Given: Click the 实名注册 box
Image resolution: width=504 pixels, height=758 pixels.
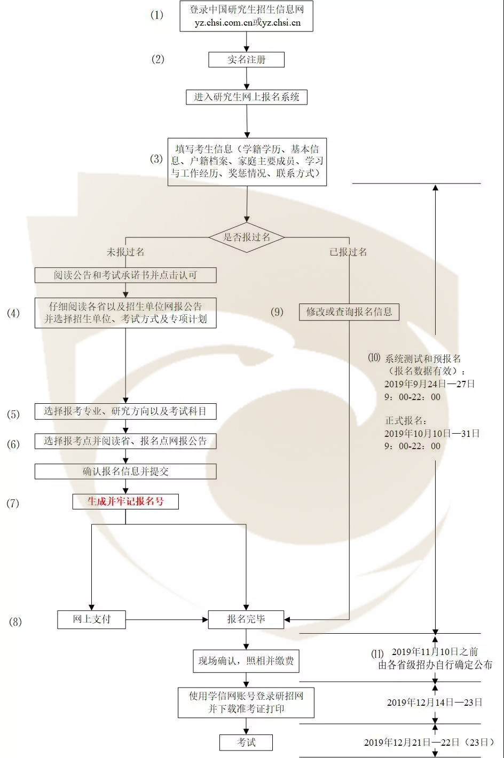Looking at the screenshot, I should tap(246, 60).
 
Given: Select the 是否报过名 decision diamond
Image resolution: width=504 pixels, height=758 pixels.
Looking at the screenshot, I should tap(246, 237).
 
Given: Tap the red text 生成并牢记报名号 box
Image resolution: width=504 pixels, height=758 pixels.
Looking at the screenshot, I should tap(125, 501).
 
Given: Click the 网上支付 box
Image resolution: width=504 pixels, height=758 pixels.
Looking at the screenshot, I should tap(92, 619).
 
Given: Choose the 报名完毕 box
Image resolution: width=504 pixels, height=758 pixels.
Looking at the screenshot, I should tap(246, 619).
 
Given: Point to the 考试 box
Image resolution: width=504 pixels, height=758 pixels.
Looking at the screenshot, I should tap(246, 742).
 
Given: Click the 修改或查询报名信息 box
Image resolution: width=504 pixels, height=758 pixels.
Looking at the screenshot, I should tap(349, 312).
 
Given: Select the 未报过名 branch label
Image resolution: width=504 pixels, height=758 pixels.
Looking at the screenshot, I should tap(125, 252).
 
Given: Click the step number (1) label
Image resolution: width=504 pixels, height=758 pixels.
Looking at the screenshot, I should tap(157, 15).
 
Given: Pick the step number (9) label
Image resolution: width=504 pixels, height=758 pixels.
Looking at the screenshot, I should tap(277, 312).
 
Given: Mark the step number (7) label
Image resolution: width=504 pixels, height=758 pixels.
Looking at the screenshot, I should tap(12, 503).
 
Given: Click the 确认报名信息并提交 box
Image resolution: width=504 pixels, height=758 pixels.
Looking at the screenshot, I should tap(125, 472).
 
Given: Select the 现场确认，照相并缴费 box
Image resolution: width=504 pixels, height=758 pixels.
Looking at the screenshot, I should tap(246, 661).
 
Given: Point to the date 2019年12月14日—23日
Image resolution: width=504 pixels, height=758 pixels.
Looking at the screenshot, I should tap(435, 703).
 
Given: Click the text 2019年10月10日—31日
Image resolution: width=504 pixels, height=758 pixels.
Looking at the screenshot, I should tap(431, 434).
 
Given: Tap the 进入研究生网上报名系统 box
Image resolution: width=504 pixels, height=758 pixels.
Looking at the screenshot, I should tap(246, 97).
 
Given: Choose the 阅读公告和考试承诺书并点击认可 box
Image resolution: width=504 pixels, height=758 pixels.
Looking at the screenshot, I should tap(125, 275).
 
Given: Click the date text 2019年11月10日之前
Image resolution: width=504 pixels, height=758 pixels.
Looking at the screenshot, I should tap(435, 652).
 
